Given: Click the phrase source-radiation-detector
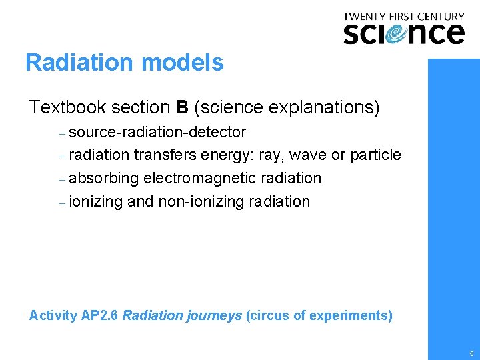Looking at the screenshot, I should [157, 132].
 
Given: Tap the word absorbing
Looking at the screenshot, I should [104, 179].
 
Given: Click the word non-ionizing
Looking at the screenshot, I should [200, 201].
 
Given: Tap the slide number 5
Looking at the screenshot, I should [471, 353].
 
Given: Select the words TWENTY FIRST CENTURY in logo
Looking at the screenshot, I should [403, 16].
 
